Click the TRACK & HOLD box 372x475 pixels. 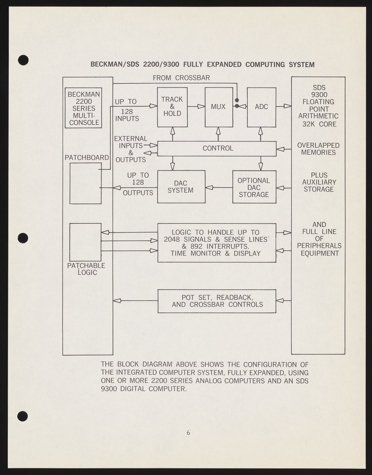(172, 107)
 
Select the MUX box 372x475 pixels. (218, 107)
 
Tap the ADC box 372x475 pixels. (261, 107)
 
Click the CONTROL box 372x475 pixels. (217, 148)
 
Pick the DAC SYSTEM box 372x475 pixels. (181, 187)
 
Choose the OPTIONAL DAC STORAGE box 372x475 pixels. (254, 187)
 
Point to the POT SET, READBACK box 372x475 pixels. (217, 301)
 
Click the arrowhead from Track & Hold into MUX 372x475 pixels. (201, 107)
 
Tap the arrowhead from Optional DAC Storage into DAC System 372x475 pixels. (209, 187)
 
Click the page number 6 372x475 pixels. (188, 433)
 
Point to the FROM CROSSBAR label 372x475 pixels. (181, 78)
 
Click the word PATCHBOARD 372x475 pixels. (87, 157)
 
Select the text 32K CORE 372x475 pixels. (319, 124)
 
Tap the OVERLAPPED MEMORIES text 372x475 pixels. (318, 149)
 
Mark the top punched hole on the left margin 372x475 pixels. (23, 60)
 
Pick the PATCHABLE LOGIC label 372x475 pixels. (86, 269)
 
